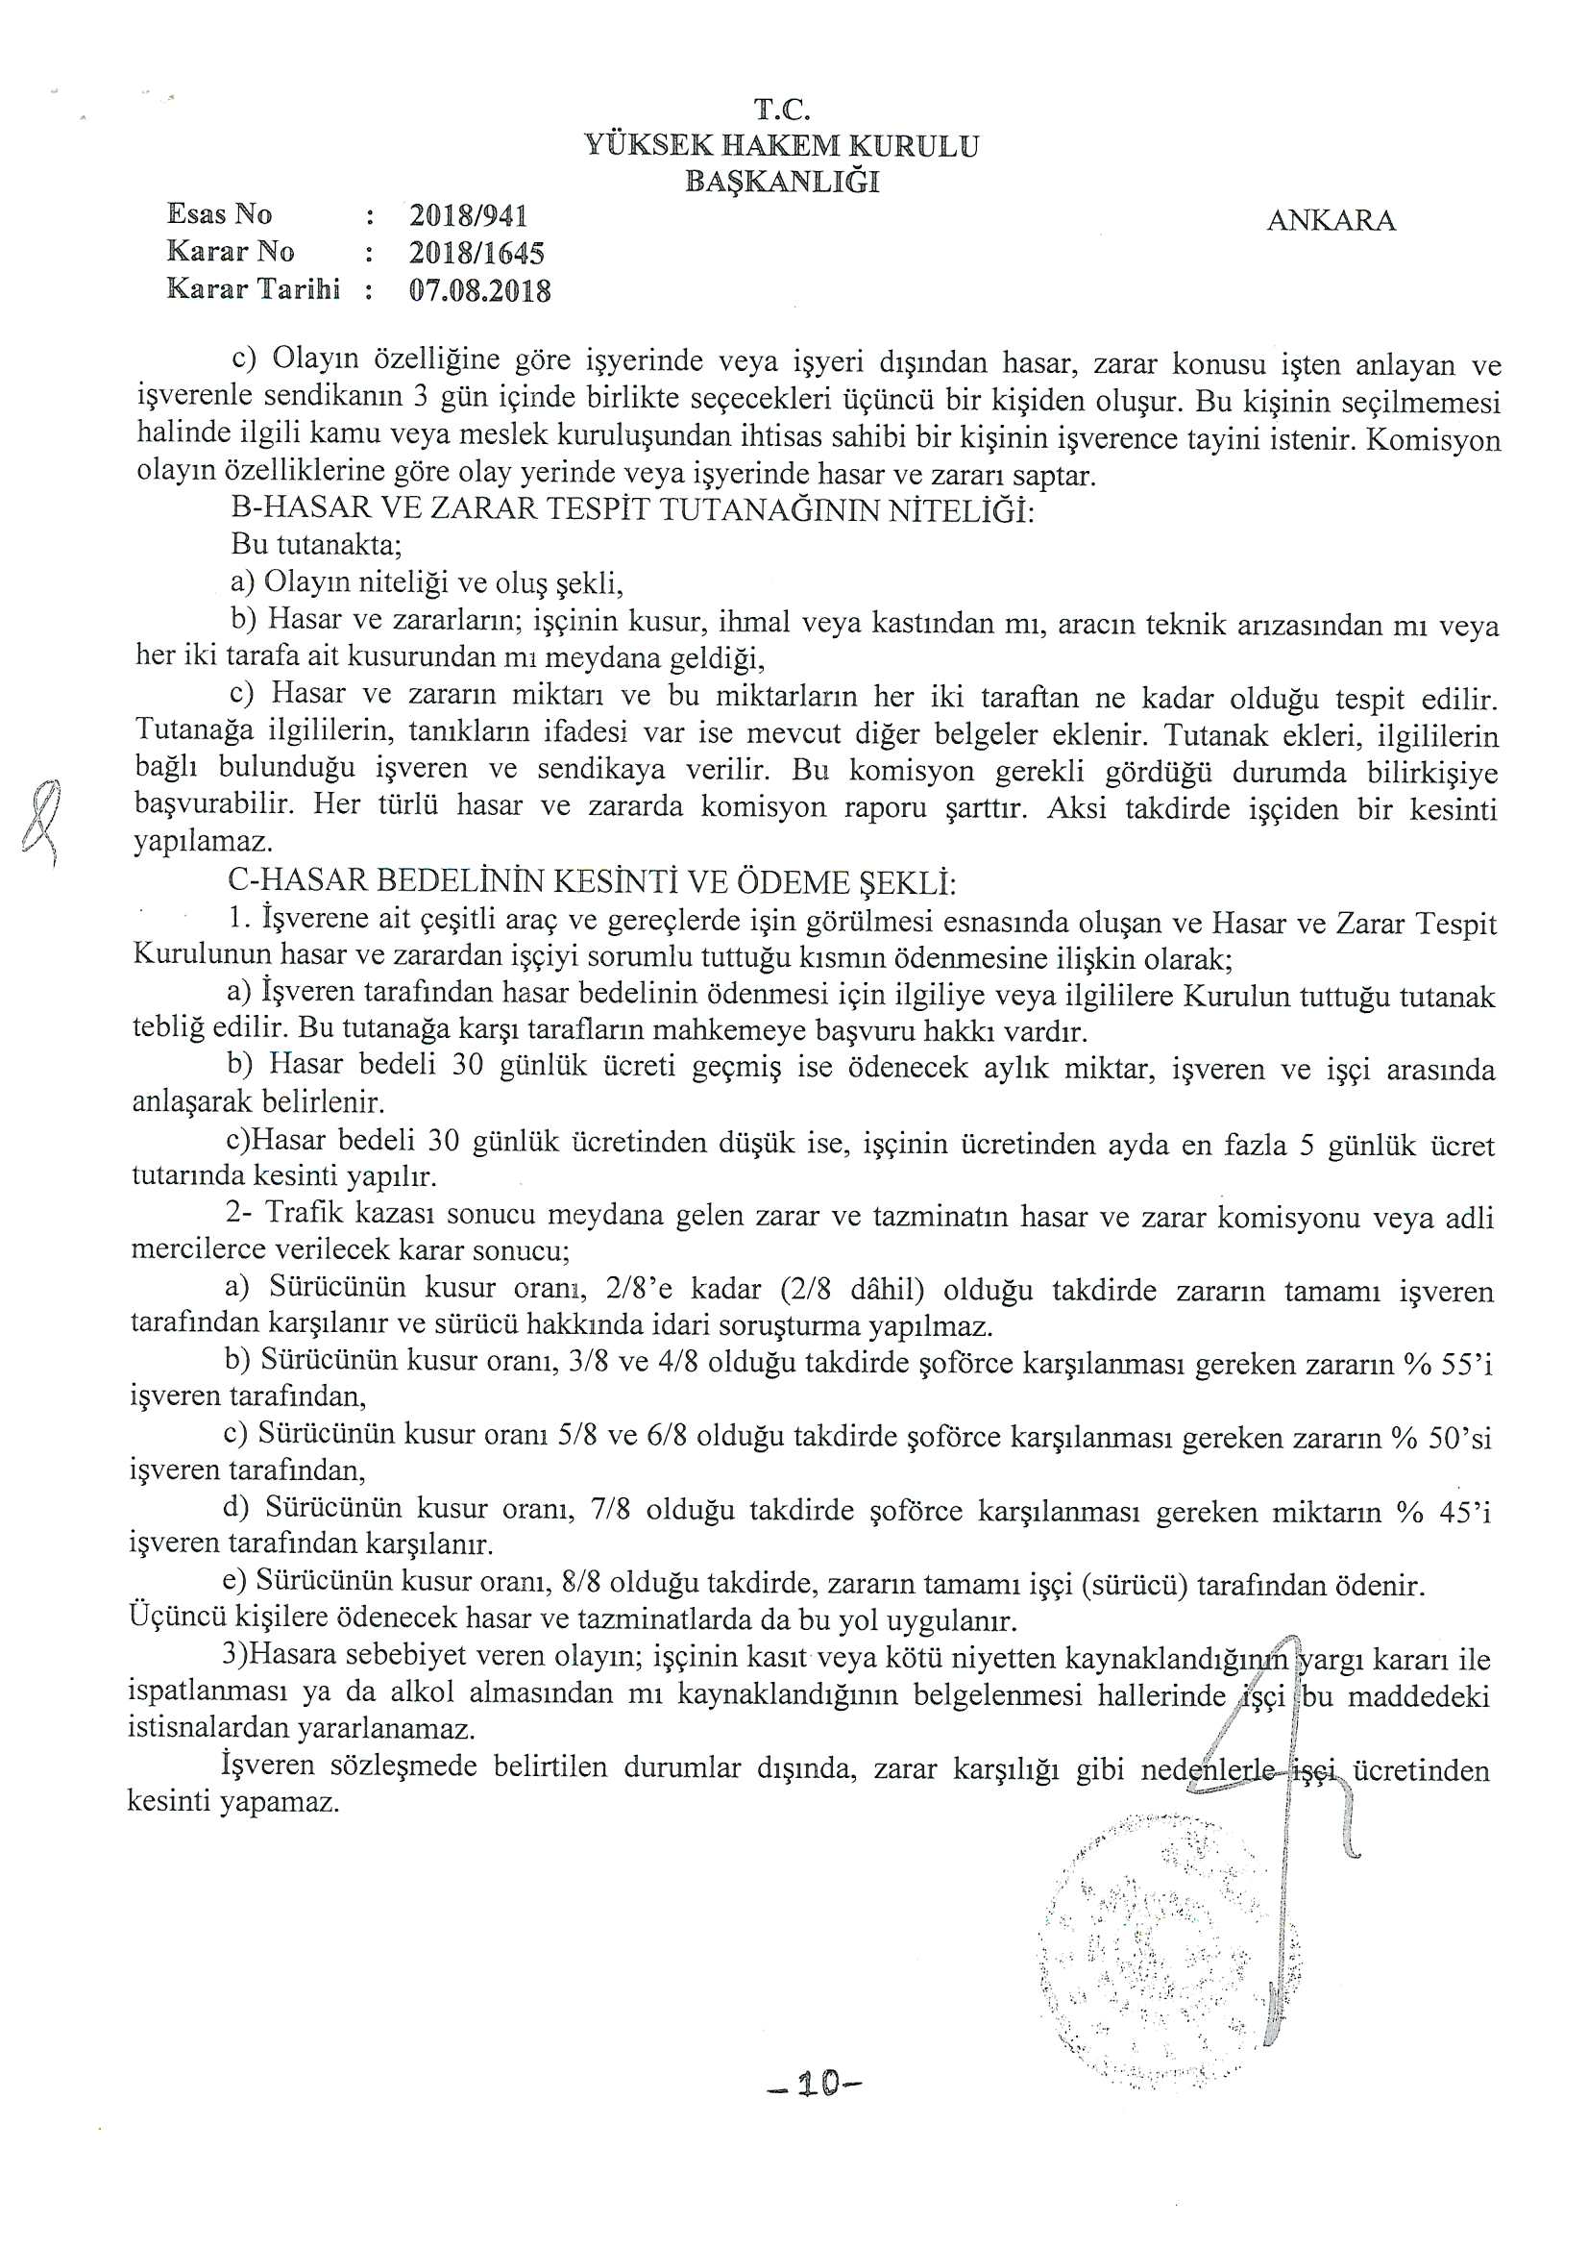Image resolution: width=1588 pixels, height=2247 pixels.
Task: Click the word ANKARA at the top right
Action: point(1331,221)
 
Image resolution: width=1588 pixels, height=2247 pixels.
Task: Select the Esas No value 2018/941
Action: point(469,215)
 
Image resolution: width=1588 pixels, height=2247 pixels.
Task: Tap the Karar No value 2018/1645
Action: point(476,253)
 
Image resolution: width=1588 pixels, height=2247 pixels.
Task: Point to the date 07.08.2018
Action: point(479,290)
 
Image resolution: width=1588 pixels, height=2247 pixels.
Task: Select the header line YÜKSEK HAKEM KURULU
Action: point(782,146)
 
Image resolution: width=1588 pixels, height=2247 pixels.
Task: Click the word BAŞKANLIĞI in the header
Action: point(782,181)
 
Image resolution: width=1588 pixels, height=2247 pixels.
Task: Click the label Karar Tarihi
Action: point(254,288)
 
